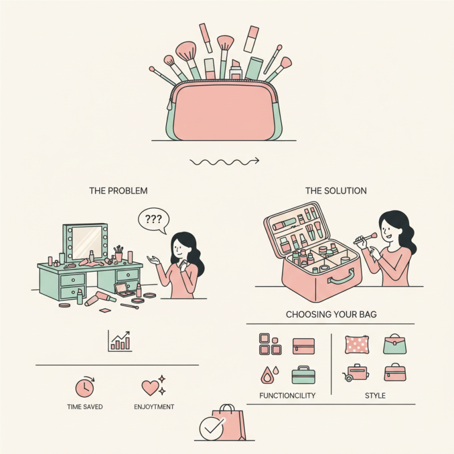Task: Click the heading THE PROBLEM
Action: (118, 191)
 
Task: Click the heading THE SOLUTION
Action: (336, 191)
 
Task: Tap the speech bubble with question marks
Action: (153, 220)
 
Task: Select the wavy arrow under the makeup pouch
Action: (224, 162)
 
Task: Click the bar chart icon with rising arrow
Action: (120, 341)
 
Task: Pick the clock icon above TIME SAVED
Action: (85, 387)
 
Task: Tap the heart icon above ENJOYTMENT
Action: (153, 386)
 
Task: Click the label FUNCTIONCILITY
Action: (287, 396)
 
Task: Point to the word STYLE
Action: (375, 396)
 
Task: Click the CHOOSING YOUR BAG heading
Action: (331, 314)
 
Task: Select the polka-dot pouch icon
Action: (357, 344)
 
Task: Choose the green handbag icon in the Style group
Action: (395, 344)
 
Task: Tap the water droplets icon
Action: (270, 375)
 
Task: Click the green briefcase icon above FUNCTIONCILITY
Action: (303, 375)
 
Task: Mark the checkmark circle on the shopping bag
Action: (211, 429)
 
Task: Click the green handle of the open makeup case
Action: (341, 278)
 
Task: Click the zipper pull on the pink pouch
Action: (170, 104)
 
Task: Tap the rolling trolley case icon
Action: (356, 373)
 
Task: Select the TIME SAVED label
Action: (85, 407)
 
